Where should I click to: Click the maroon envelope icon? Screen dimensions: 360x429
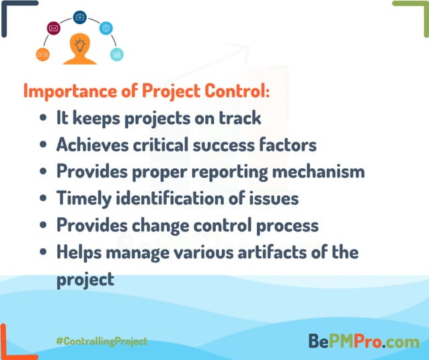coord(54,28)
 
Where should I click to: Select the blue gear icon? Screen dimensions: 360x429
coord(106,28)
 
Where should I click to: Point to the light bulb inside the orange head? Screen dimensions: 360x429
coord(80,45)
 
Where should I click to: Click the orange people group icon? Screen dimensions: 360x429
coord(42,54)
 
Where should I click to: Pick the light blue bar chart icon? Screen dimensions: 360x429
coord(117,54)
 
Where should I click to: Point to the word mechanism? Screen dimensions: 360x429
coord(318,171)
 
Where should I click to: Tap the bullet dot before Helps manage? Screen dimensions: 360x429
coord(43,253)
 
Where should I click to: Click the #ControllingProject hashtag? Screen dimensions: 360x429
coord(102,341)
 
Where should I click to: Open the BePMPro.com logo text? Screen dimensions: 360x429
coord(363,341)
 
